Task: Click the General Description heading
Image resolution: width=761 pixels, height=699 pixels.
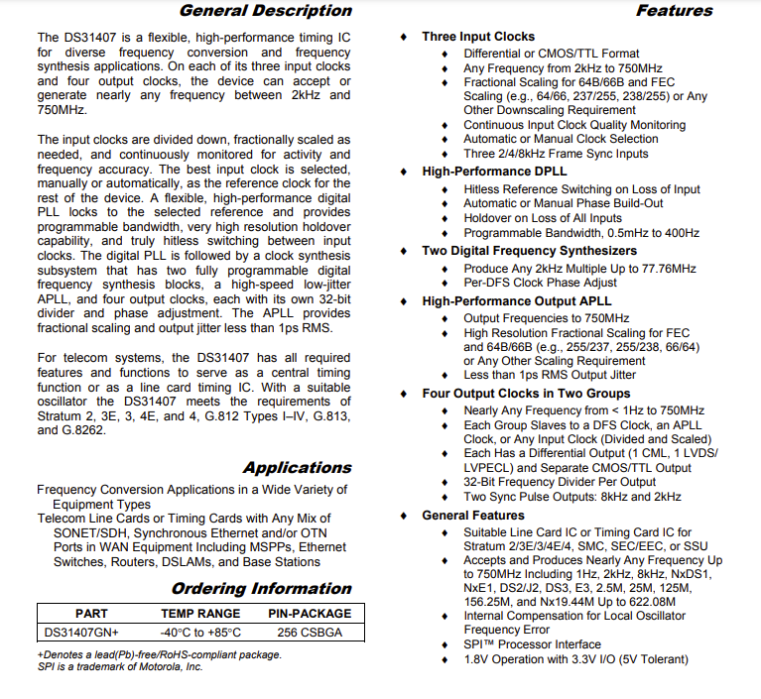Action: point(265,11)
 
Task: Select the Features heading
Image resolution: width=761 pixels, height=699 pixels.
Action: point(674,11)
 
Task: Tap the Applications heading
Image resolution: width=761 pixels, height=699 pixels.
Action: point(297,468)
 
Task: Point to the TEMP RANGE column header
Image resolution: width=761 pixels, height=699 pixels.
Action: point(200,614)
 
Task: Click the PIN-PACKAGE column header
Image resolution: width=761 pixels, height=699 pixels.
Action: point(310,614)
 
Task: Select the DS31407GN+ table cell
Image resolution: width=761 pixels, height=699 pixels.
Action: point(82,632)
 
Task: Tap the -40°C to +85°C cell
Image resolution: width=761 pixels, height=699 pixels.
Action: point(200,632)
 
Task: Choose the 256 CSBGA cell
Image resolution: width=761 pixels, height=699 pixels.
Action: point(310,632)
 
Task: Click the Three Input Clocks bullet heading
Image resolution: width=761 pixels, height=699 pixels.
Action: point(477,37)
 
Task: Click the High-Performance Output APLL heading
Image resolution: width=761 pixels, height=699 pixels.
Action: point(516,300)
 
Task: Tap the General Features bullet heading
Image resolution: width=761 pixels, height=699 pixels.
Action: point(473,516)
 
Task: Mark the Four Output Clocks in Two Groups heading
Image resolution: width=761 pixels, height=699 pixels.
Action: point(526,394)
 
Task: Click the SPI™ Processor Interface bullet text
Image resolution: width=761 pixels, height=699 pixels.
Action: point(532,644)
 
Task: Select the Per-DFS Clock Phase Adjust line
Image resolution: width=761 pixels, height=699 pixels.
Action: point(540,283)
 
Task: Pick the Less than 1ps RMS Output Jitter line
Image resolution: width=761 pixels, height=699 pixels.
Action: point(551,375)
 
